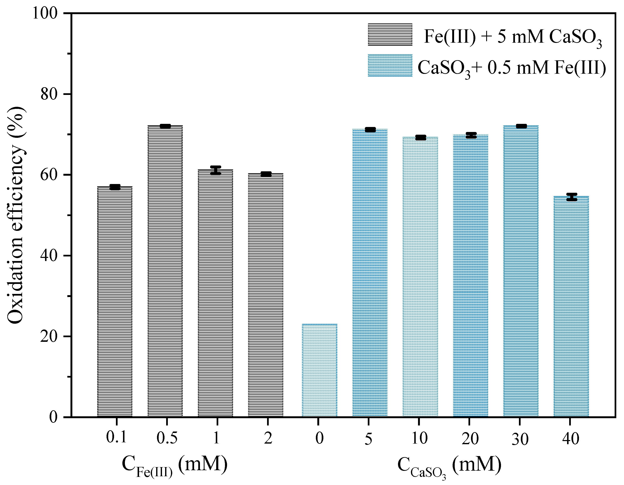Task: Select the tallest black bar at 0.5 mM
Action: [165, 271]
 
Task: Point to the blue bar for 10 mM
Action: [420, 277]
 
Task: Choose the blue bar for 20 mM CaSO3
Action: [471, 276]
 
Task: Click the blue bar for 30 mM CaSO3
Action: [521, 271]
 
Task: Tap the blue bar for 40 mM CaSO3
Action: [571, 306]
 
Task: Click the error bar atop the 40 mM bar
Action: [572, 197]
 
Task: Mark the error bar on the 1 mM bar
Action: [216, 170]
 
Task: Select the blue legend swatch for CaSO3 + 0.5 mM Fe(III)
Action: [390, 66]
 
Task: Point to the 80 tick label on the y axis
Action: [49, 94]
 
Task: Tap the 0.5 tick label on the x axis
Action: [167, 438]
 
